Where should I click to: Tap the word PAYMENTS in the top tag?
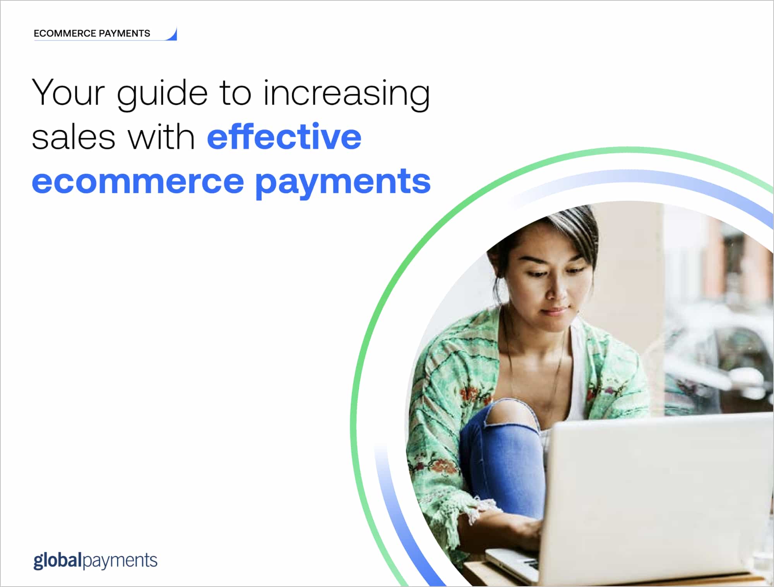coord(124,34)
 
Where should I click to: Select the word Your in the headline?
coord(68,93)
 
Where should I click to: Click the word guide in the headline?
coord(162,95)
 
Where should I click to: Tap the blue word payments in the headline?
coord(342,183)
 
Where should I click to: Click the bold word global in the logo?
coord(58,561)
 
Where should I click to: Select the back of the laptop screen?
coord(658,492)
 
